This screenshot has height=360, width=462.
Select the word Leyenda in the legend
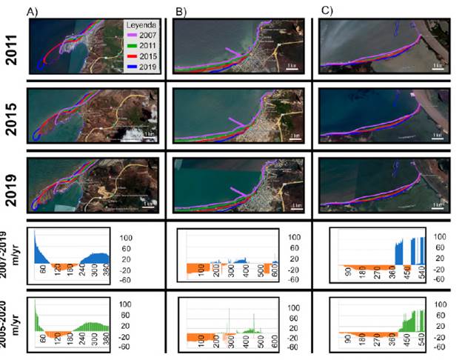(142, 24)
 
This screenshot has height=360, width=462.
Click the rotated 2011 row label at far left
(11, 46)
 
